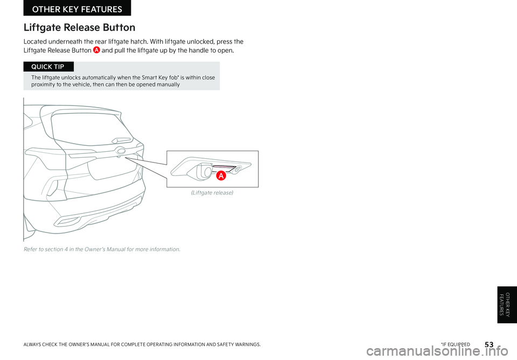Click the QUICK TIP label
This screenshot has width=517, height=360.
point(48,67)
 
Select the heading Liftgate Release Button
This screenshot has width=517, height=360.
point(79,27)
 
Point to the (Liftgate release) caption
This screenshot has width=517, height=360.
point(213,193)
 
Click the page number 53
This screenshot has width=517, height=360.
point(489,343)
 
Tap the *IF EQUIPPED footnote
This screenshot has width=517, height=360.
point(455,344)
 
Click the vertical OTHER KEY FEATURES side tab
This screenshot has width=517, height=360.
point(507,305)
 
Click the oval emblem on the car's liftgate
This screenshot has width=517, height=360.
point(120,151)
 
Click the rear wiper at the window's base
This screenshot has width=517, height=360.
point(120,141)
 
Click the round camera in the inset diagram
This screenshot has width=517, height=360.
point(206,172)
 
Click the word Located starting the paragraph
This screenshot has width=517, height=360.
point(38,41)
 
